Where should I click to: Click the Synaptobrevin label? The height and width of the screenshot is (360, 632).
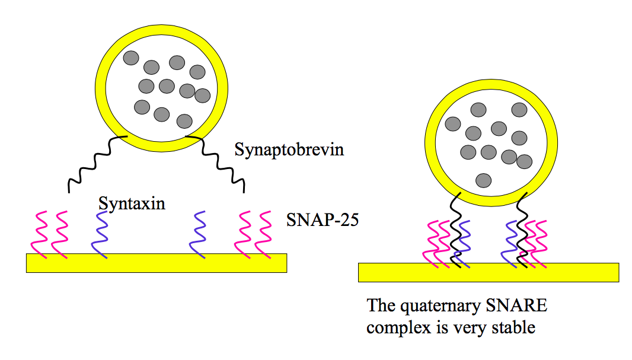pos(289,149)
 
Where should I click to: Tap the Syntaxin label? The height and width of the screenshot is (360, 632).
pos(132,203)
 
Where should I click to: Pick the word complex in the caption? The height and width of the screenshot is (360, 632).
pos(397,327)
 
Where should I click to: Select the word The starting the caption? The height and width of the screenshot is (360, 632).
pos(380,306)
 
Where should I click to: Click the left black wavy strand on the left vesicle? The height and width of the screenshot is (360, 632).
pos(92,163)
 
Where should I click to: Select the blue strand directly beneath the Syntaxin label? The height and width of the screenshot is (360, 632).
pos(100,235)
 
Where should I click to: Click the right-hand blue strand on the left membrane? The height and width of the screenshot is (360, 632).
pos(199,235)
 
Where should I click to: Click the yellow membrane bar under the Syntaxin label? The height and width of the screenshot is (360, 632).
pos(156,263)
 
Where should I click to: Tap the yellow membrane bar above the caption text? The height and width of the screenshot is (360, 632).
pos(488,272)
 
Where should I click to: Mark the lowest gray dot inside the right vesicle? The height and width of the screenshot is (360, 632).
pos(484,180)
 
